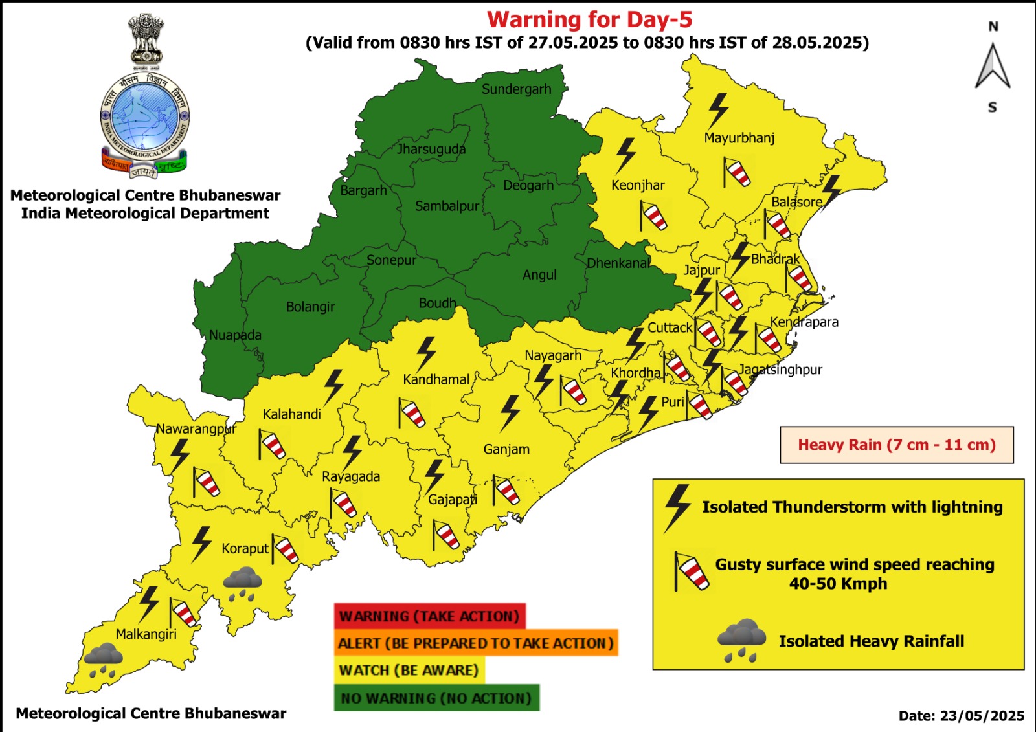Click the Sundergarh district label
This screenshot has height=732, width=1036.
pyautogui.click(x=516, y=89)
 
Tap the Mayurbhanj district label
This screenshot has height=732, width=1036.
pyautogui.click(x=739, y=138)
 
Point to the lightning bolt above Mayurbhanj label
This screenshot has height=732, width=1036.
pyautogui.click(x=717, y=110)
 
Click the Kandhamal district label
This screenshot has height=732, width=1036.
pyautogui.click(x=436, y=380)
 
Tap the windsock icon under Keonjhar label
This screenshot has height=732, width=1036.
pyautogui.click(x=653, y=216)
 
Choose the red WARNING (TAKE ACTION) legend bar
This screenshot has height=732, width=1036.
pyautogui.click(x=429, y=616)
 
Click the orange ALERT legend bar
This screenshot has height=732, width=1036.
pyautogui.click(x=475, y=643)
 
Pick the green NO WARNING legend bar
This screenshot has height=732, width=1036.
pyautogui.click(x=436, y=698)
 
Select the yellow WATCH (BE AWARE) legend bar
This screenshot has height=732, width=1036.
pyautogui.click(x=409, y=671)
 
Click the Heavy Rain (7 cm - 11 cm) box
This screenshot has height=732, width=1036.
pyautogui.click(x=896, y=445)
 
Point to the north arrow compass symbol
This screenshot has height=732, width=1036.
pyautogui.click(x=993, y=66)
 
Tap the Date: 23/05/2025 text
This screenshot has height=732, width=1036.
pyautogui.click(x=961, y=716)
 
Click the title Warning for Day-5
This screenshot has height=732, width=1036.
pyautogui.click(x=589, y=19)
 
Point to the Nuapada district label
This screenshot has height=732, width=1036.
pyautogui.click(x=235, y=335)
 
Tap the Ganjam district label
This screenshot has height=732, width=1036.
pyautogui.click(x=506, y=449)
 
